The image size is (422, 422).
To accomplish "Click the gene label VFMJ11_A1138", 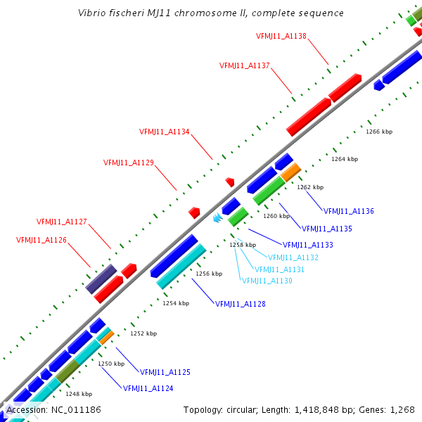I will click(281, 36).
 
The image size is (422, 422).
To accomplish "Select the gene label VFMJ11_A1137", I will click(245, 65).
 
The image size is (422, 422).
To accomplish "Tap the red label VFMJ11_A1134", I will click(165, 132).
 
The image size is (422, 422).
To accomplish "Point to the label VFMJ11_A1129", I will click(129, 162).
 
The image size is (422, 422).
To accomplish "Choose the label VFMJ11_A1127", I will click(62, 222).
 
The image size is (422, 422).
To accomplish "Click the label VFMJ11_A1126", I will click(41, 240).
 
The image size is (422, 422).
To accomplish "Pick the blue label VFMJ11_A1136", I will click(349, 211).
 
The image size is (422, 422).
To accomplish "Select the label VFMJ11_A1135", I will click(327, 229).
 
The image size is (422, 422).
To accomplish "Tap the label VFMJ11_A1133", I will click(308, 245).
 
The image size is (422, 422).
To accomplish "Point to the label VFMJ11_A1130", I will click(267, 281).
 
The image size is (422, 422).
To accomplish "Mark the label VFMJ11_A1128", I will click(241, 304).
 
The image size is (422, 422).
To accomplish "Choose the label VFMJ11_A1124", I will click(148, 388).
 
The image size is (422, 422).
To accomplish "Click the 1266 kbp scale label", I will click(379, 132).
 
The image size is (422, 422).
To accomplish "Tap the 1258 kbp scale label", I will click(243, 245).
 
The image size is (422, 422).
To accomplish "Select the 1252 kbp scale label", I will click(143, 333).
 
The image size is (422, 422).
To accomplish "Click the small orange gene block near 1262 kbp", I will click(291, 171).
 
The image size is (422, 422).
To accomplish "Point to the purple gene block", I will click(101, 279).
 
